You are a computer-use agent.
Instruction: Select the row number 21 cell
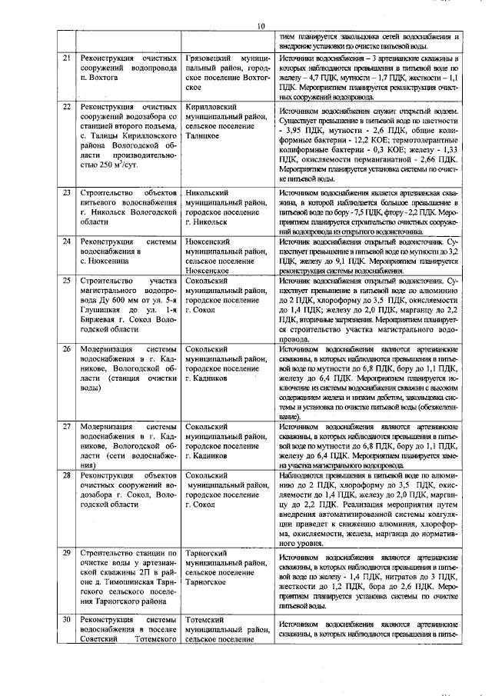click(67, 58)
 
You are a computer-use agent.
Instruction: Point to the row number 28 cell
click(67, 476)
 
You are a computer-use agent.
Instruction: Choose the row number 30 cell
click(67, 620)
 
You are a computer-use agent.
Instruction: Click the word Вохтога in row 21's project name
click(106, 78)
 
